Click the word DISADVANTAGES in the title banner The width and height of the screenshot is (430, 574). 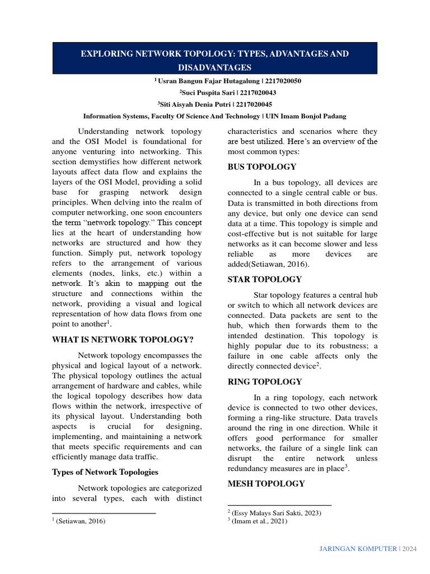pyautogui.click(x=215, y=67)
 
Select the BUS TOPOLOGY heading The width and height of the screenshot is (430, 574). pyautogui.click(x=261, y=167)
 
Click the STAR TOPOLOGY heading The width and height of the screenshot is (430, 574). pyautogui.click(x=264, y=279)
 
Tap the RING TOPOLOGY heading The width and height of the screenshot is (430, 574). pyautogui.click(x=264, y=382)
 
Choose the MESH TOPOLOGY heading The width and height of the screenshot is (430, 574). pyautogui.click(x=266, y=484)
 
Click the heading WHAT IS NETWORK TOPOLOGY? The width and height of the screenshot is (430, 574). pyautogui.click(x=123, y=340)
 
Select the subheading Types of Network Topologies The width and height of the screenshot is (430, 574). pyautogui.click(x=105, y=472)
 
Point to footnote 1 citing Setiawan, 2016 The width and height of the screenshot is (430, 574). pyautogui.click(x=80, y=521)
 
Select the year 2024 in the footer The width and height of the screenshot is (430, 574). pyautogui.click(x=409, y=548)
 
